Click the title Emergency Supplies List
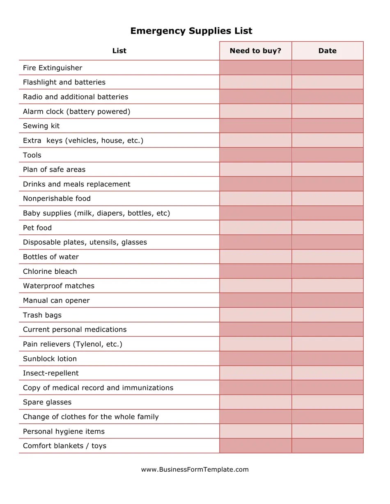pos(191,31)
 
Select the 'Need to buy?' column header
pos(255,51)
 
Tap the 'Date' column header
pos(327,51)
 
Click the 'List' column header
pos(119,51)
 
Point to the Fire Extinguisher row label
pos(53,68)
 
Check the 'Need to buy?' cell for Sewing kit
pos(255,126)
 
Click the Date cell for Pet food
pos(327,228)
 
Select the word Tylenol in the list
pos(89,344)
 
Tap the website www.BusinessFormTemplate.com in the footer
pos(195,470)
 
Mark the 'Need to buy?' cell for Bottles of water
pos(255,257)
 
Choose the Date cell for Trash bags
pos(327,315)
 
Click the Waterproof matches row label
pos(59,286)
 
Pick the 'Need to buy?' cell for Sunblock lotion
pos(255,359)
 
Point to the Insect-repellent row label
pos(51,373)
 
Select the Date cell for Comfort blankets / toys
pos(327,446)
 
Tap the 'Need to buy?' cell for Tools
pos(255,155)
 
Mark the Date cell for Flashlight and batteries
pos(327,82)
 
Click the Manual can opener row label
pos(56,300)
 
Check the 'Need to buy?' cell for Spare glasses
pos(255,402)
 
